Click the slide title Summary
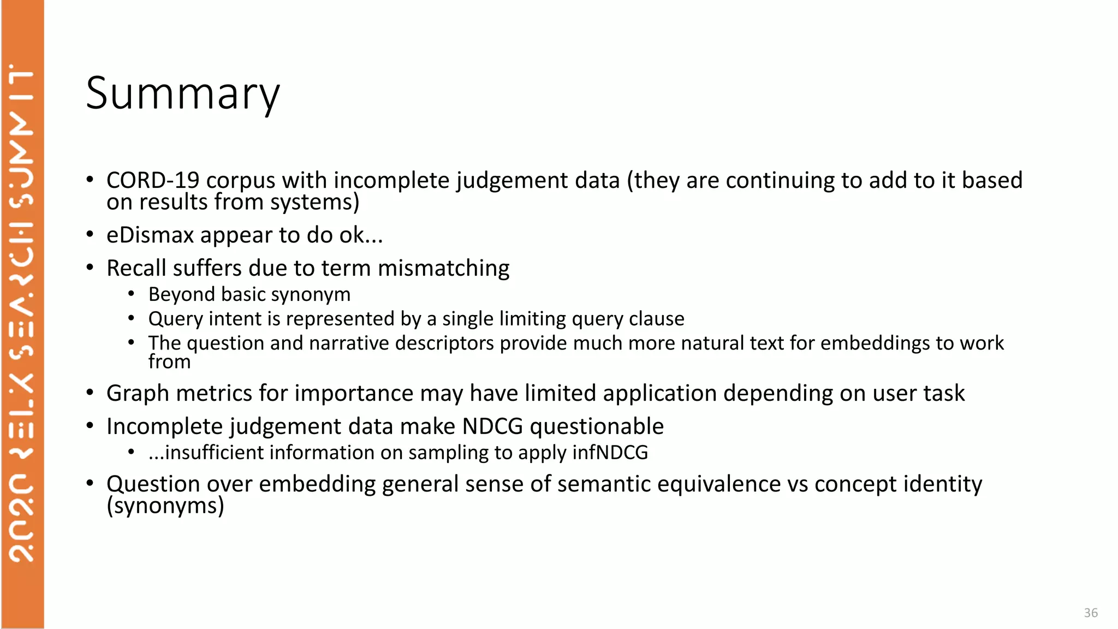[x=182, y=94]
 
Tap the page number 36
[x=1091, y=613]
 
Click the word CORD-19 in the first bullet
[x=153, y=180]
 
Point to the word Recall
[x=136, y=268]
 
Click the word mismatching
[x=443, y=268]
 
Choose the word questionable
[x=597, y=426]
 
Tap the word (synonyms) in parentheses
[x=165, y=506]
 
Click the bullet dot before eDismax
[x=90, y=235]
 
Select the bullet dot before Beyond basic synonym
[x=132, y=294]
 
